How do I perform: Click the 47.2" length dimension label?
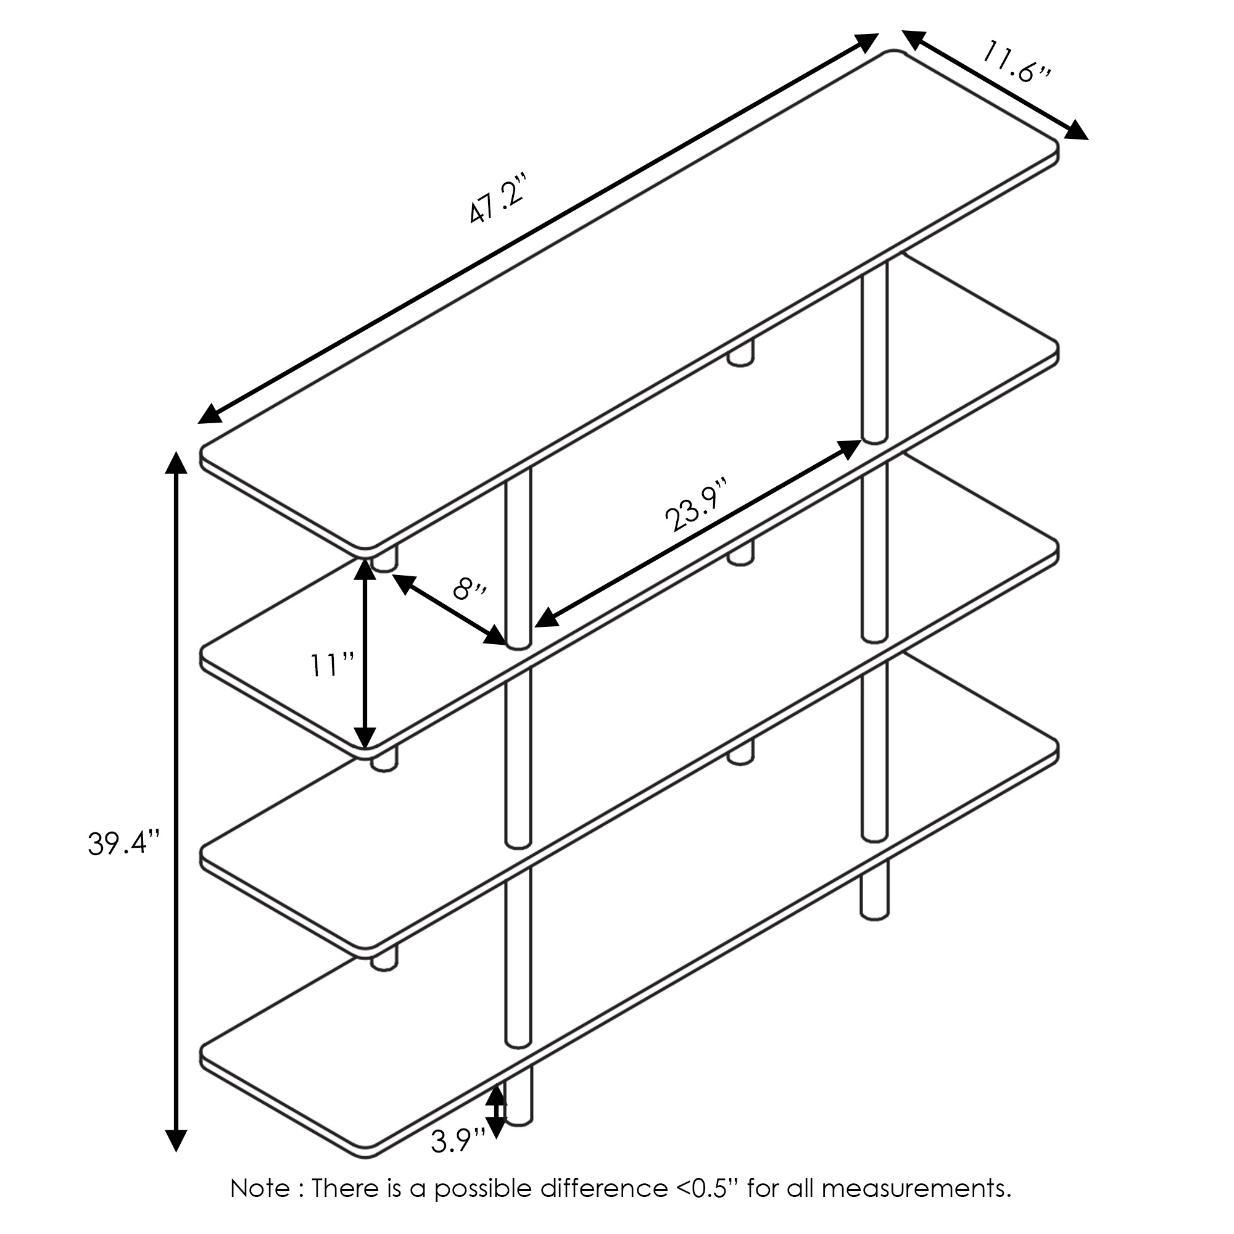click(x=496, y=199)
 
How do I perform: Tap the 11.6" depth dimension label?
click(x=1015, y=61)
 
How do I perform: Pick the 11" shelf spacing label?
click(x=332, y=666)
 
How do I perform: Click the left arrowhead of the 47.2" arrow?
click(x=210, y=415)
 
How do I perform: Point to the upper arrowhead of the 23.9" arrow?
click(x=849, y=449)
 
